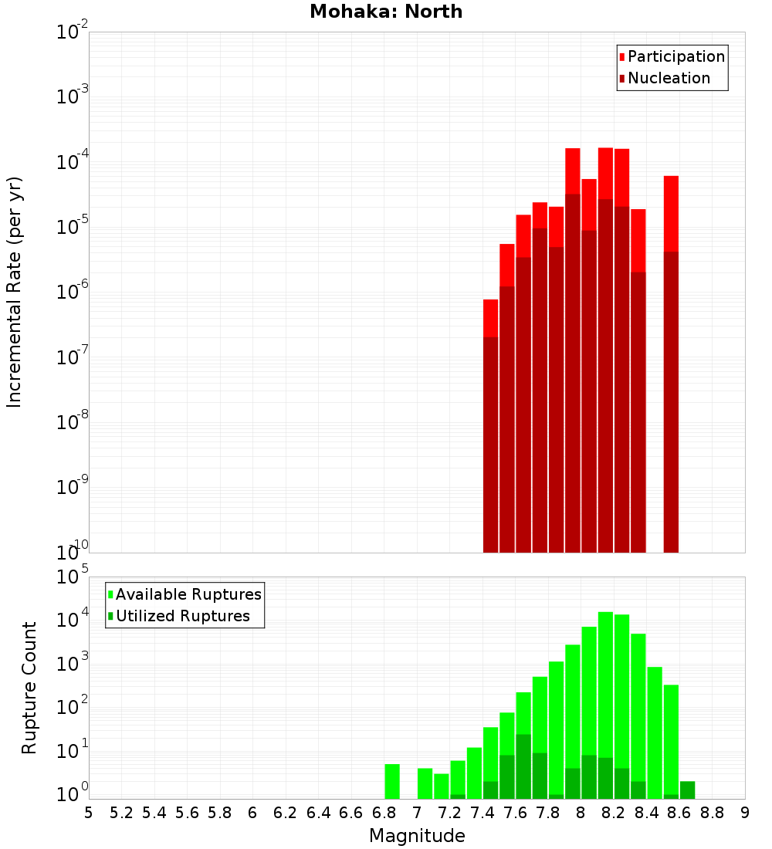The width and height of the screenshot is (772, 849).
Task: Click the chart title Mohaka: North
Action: pyautogui.click(x=386, y=12)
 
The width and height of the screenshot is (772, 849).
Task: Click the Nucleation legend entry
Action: pyautogui.click(x=668, y=78)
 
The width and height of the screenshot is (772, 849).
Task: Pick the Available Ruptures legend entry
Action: pyautogui.click(x=188, y=594)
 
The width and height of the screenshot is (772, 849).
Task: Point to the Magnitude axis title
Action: pyautogui.click(x=417, y=836)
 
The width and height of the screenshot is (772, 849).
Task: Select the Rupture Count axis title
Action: pyautogui.click(x=29, y=687)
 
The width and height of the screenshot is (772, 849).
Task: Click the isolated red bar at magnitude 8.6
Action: pyautogui.click(x=671, y=363)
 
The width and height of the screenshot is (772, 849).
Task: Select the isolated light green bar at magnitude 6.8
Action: pyautogui.click(x=392, y=781)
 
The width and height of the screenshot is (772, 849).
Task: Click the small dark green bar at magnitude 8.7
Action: pyautogui.click(x=687, y=790)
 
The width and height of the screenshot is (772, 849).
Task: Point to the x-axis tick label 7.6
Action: pyautogui.click(x=515, y=812)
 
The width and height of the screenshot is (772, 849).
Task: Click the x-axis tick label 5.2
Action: pyautogui.click(x=121, y=812)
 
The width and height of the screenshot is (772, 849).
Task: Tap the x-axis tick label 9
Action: pyautogui.click(x=745, y=812)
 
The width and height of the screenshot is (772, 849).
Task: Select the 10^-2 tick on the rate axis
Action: pyautogui.click(x=73, y=32)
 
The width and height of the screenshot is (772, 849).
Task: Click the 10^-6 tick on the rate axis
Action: pyautogui.click(x=73, y=293)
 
